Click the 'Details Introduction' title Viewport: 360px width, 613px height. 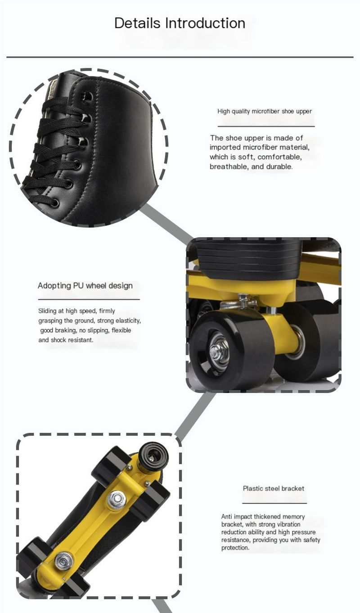coord(180,23)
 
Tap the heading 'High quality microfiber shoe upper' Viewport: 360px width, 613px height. coord(265,111)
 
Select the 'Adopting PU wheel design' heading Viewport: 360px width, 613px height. coord(85,286)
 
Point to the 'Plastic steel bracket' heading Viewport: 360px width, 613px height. coord(274,488)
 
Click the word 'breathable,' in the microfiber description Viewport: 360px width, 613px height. coord(229,167)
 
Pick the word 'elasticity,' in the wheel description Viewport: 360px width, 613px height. coord(128,320)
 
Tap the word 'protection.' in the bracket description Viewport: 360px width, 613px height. coord(235,547)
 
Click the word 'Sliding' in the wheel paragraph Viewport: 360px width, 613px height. coord(47,311)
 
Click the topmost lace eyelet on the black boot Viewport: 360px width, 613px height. coord(88,96)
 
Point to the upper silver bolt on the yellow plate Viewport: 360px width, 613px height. coord(117,498)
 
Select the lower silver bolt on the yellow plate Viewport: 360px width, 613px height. coord(64,560)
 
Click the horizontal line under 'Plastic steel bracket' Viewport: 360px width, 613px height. coord(274,503)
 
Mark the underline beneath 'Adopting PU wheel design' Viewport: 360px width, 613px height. coord(89,299)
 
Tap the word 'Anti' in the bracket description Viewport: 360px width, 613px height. coord(226,517)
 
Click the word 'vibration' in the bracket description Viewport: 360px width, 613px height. coord(288,524)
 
